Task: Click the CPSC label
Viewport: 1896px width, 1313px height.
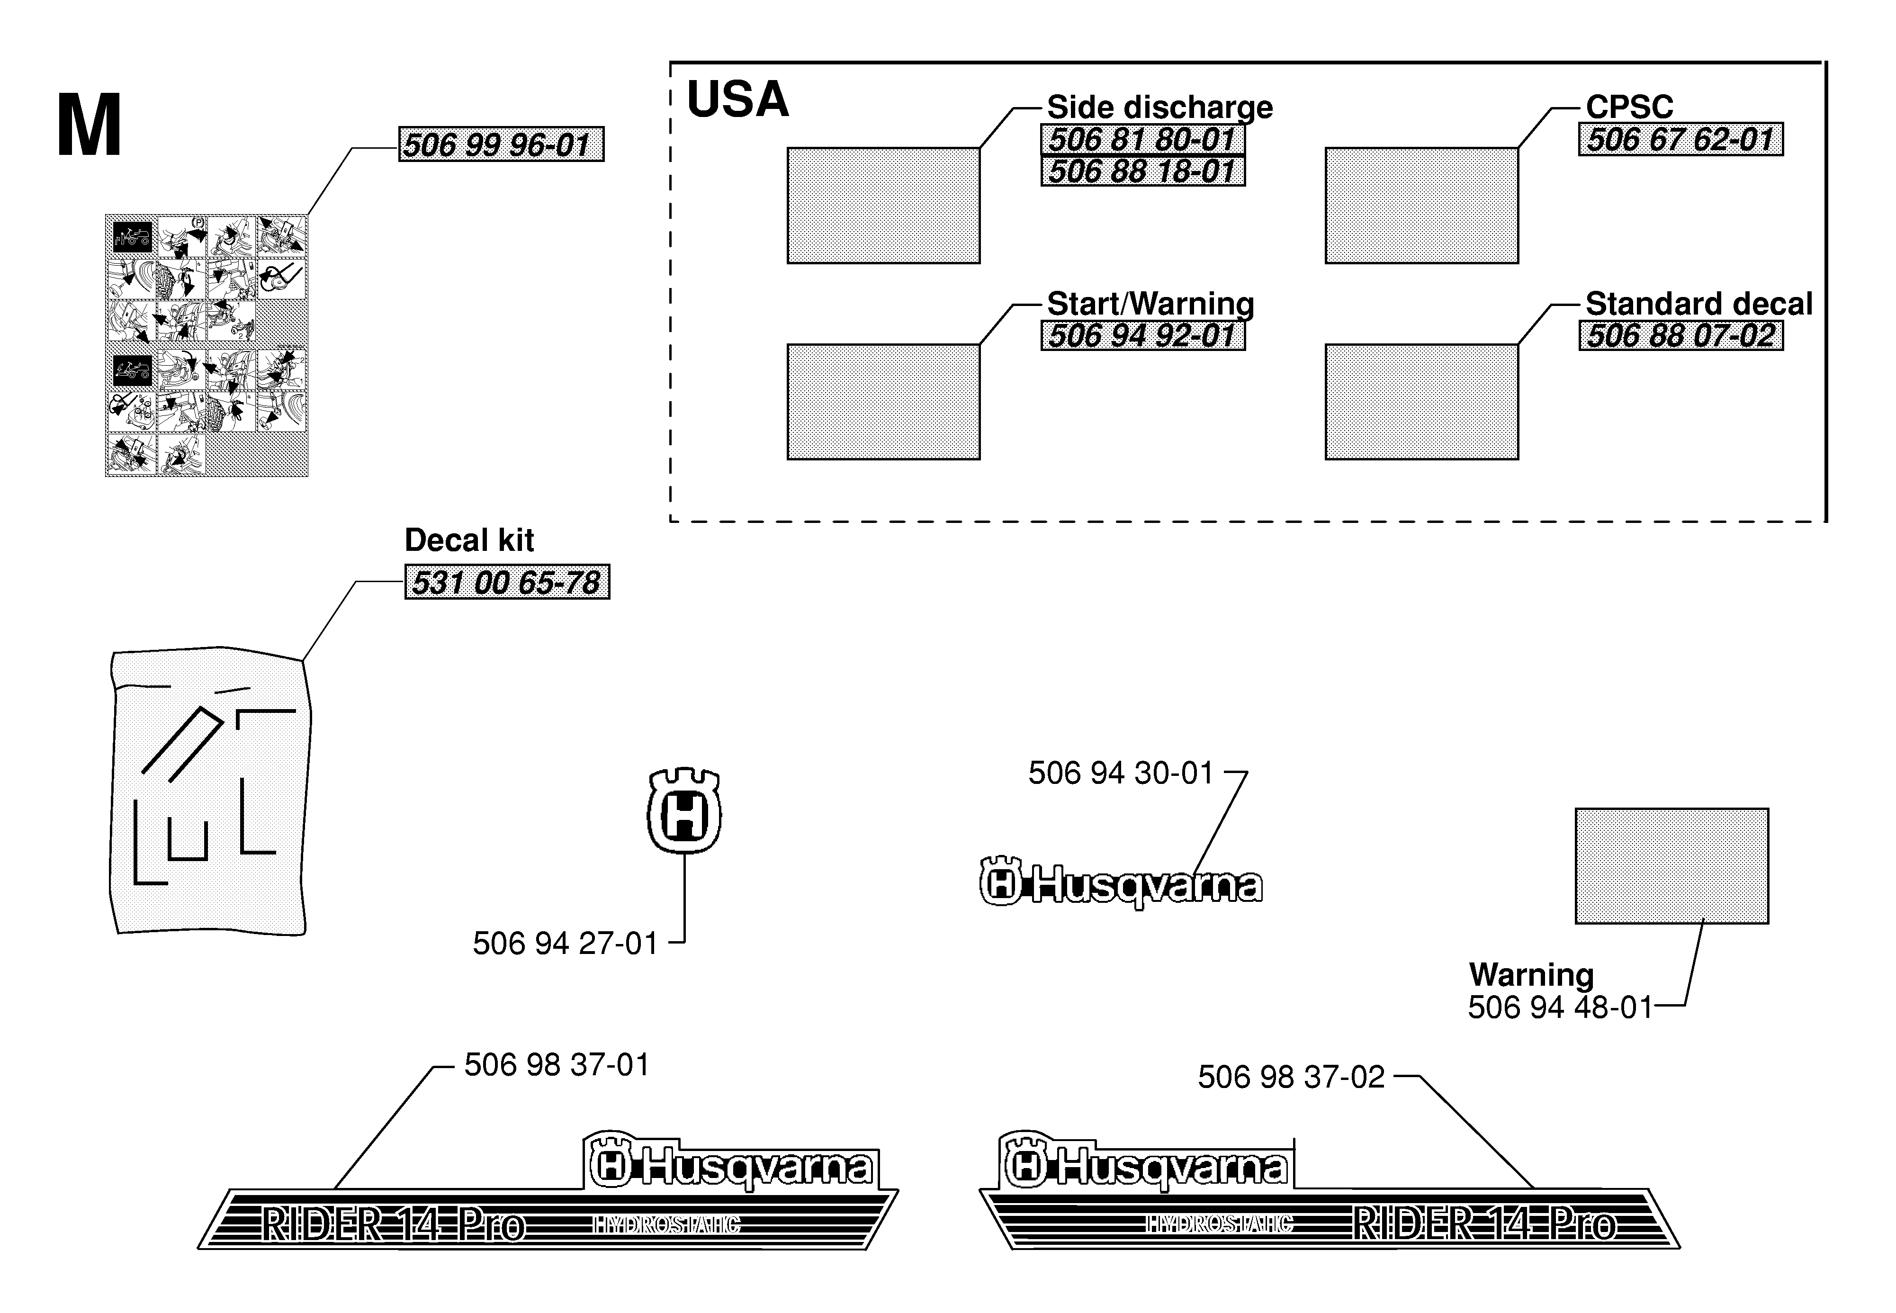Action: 1629,107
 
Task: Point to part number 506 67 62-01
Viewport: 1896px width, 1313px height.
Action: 1680,139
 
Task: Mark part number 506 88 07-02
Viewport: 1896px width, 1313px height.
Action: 1680,336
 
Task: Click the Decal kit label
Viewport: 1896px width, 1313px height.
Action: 469,540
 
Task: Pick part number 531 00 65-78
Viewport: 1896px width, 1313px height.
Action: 507,583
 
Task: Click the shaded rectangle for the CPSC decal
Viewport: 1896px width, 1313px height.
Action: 1421,206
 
